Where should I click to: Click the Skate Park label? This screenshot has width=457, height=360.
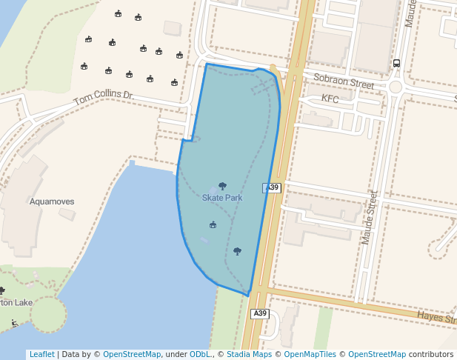coord(222,198)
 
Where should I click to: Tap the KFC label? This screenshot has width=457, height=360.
coord(330,99)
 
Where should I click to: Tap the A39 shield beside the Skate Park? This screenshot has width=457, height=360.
coord(272,188)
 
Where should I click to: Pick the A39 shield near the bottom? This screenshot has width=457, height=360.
coord(259,314)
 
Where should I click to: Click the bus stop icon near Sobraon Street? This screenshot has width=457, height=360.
coord(396,64)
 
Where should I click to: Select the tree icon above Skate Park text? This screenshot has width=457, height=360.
coord(222,186)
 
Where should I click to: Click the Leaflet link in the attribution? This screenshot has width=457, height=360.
coord(41,354)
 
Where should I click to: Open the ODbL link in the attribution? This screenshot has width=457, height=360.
coord(200,354)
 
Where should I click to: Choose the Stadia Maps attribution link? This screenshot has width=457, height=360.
coord(249,354)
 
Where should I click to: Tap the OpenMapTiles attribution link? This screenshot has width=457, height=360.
coord(310,354)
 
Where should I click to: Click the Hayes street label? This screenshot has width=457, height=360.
coord(436,317)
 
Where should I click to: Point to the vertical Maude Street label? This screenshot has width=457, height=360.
coord(369,217)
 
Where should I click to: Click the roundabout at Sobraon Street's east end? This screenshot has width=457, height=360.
coord(396,87)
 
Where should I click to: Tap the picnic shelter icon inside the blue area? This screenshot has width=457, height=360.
coord(213,224)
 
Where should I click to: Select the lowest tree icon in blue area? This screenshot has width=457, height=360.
coord(237,251)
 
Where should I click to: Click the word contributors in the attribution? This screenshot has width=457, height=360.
coord(431,354)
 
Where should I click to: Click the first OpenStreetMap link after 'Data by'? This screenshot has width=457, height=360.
coord(132,354)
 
